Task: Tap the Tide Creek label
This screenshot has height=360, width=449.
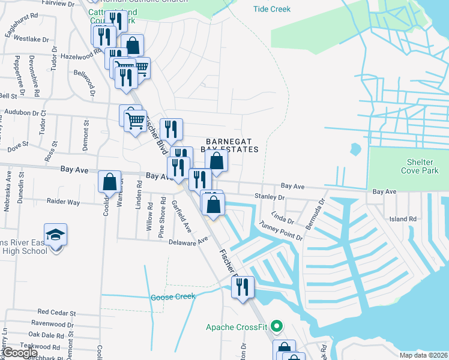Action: [x=272, y=9]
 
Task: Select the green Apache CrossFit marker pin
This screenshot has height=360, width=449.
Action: [x=276, y=327]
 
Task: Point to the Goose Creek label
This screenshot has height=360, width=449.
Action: [x=173, y=297]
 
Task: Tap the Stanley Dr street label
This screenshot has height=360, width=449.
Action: [x=268, y=196]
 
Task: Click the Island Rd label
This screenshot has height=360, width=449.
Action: [x=403, y=219]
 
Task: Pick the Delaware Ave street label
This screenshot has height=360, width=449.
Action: [x=187, y=240]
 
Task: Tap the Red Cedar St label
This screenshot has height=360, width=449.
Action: [x=56, y=313]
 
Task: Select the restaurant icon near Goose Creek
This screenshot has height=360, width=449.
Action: [x=243, y=287]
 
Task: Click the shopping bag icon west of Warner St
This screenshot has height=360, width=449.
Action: [x=110, y=182]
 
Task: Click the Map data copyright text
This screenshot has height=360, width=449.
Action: [x=423, y=355]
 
